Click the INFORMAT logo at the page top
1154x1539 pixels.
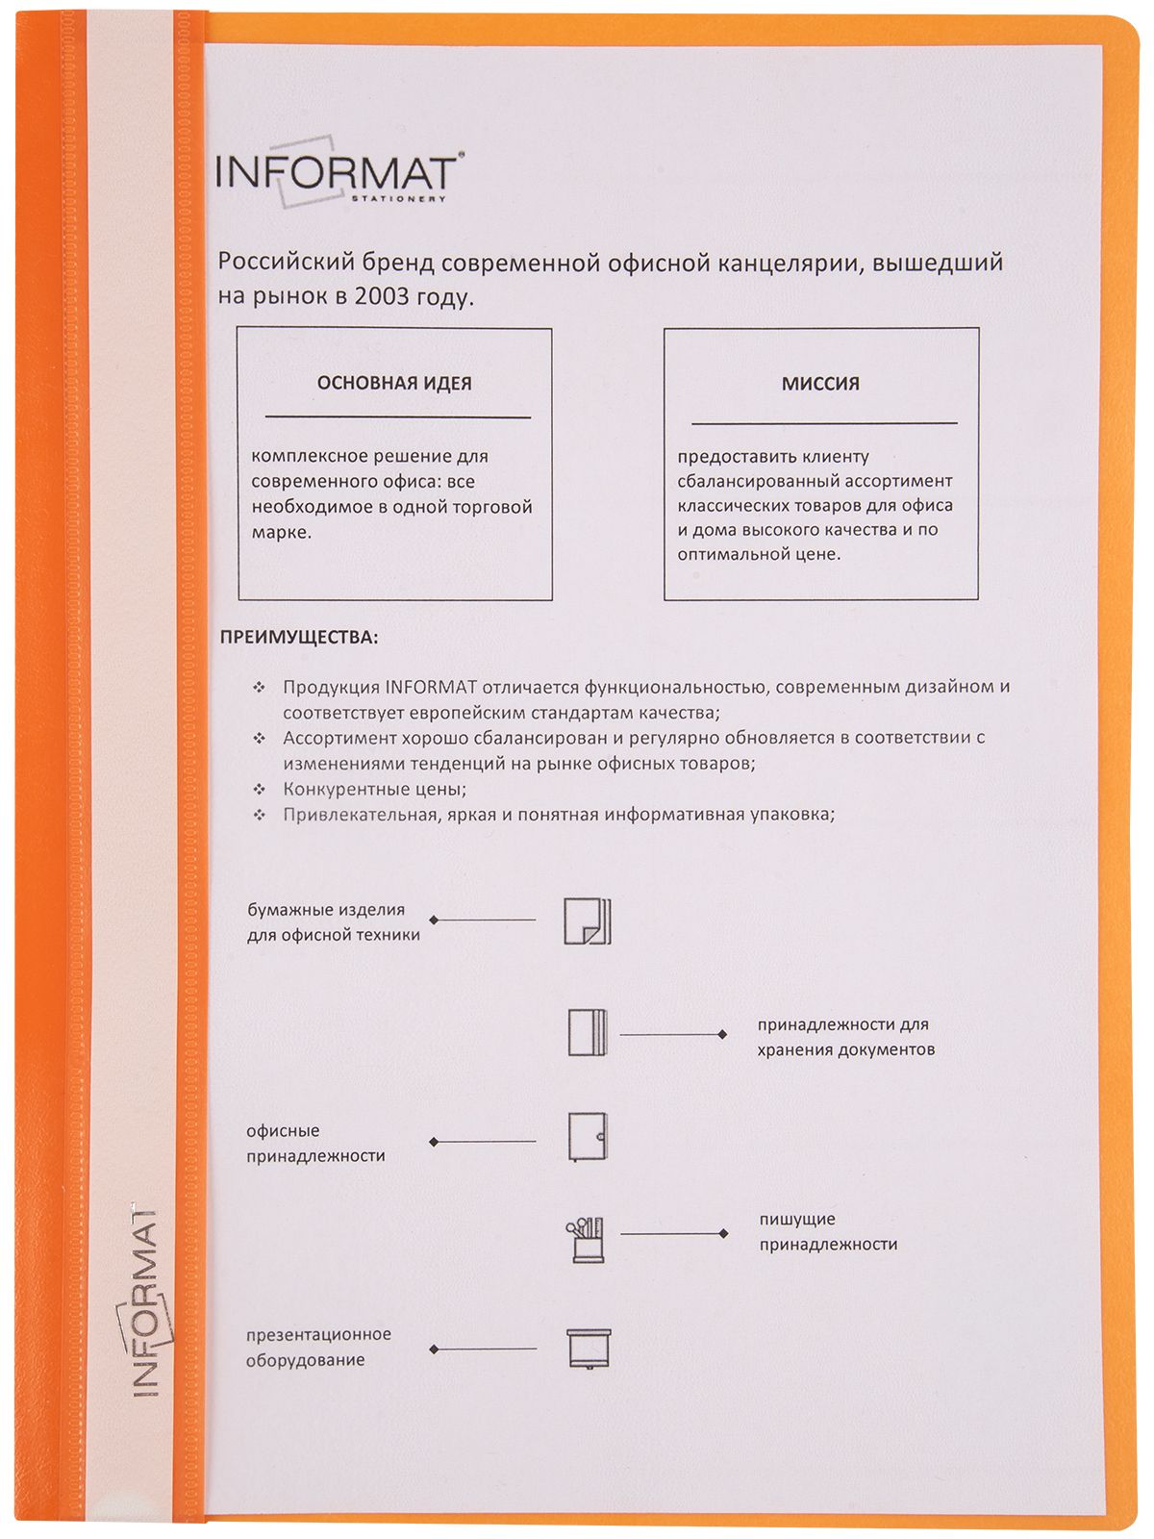(x=337, y=174)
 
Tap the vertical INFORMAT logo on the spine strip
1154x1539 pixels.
(x=144, y=1298)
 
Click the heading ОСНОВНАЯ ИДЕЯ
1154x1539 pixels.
(x=394, y=383)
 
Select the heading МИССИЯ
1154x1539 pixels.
(x=820, y=383)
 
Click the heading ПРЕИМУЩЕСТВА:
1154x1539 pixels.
(x=299, y=637)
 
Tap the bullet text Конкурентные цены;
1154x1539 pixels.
(x=374, y=789)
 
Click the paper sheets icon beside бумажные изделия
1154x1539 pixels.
(x=587, y=921)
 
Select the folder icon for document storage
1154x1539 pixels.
(x=587, y=1033)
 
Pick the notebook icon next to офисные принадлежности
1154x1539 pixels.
(x=587, y=1137)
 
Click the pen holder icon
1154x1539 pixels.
(x=587, y=1239)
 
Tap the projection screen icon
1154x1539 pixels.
(x=588, y=1349)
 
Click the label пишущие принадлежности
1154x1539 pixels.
(x=828, y=1231)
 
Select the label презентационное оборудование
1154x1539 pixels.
(x=318, y=1347)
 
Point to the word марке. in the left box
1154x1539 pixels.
(x=282, y=532)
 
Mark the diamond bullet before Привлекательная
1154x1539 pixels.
(x=259, y=815)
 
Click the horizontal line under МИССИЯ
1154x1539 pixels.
(x=824, y=423)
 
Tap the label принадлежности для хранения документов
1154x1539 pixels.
(x=845, y=1037)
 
